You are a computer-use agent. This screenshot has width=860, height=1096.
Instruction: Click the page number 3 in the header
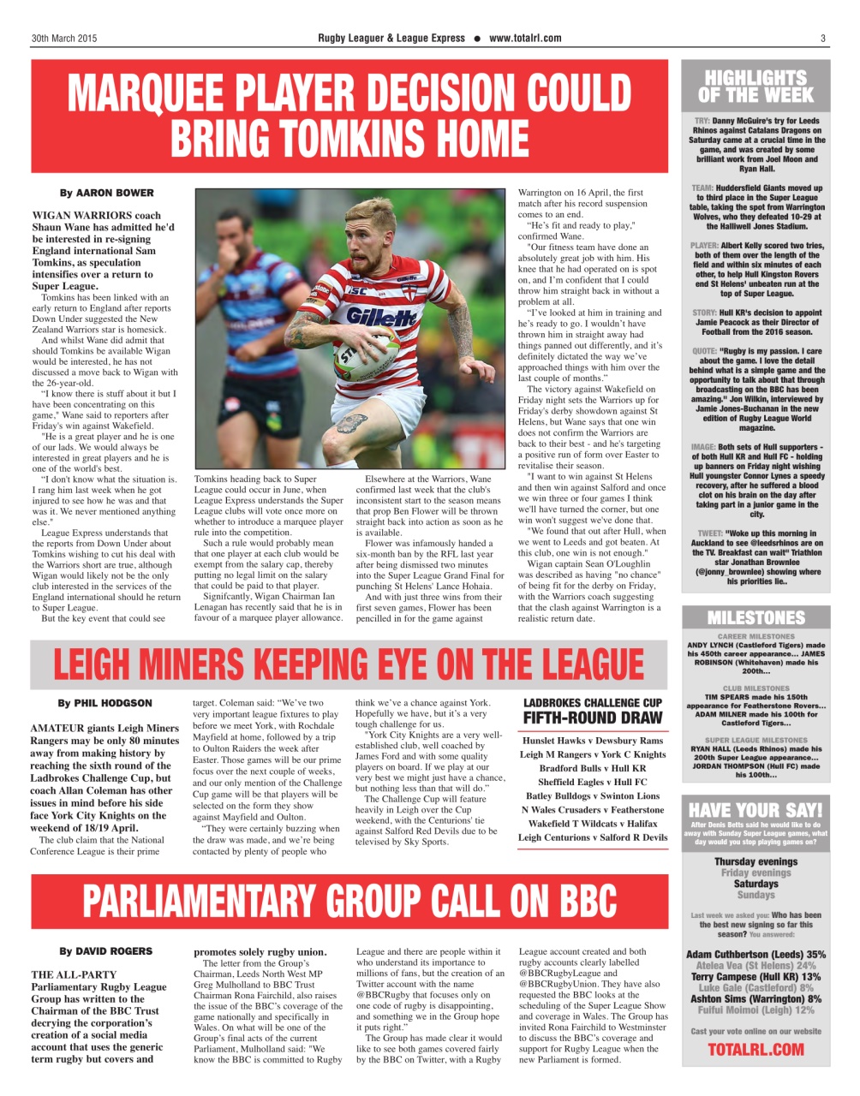(822, 39)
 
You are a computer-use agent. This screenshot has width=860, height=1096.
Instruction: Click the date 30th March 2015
(64, 39)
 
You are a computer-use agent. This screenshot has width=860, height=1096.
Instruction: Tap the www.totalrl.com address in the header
(525, 39)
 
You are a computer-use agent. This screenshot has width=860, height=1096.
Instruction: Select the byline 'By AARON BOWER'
(106, 193)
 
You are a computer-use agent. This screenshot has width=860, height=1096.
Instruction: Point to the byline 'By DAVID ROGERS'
(105, 951)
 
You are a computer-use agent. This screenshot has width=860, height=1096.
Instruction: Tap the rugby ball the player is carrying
(355, 351)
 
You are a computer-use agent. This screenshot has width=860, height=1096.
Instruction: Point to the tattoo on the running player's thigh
(351, 423)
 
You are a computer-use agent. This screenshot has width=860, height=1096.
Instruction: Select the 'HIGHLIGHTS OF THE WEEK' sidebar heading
(755, 86)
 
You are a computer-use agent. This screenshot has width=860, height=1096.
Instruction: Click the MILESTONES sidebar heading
(755, 617)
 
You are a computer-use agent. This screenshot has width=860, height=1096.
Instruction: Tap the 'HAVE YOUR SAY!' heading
(755, 809)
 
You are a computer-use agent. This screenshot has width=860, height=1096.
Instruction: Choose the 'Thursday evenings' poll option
(755, 861)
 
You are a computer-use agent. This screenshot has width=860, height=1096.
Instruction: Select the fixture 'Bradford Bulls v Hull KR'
(593, 768)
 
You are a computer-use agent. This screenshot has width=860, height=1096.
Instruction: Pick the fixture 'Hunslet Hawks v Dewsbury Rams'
(593, 740)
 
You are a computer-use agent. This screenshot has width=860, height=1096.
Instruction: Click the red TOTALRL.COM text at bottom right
(755, 1049)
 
